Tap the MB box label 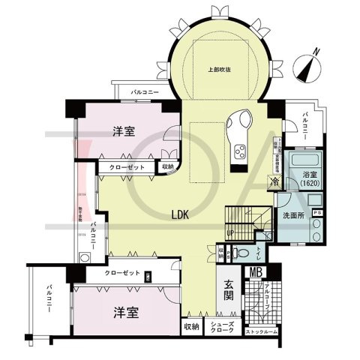click(255, 272)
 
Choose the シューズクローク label click(227, 327)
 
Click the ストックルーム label click(262, 331)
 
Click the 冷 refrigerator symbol click(275, 181)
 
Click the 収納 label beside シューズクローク click(191, 327)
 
